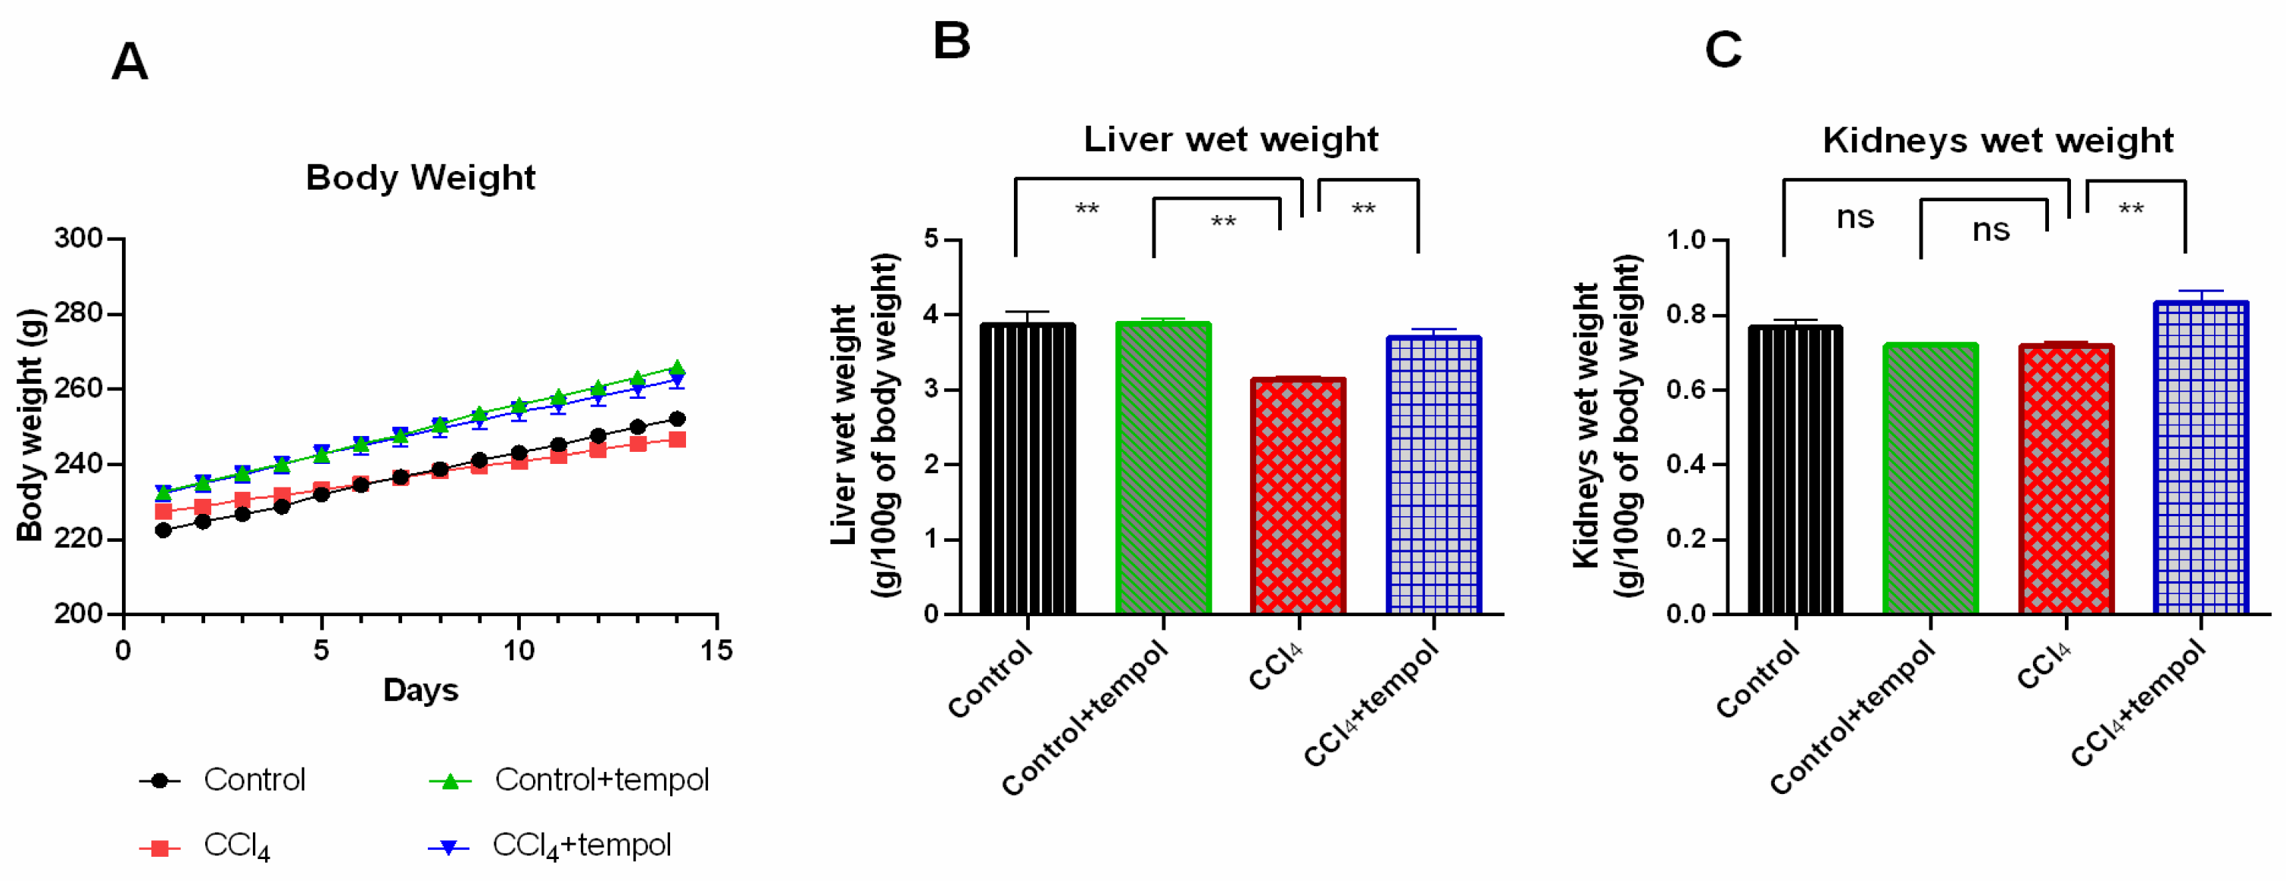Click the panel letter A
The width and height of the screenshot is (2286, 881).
129,62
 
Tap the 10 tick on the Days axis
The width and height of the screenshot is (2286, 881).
519,650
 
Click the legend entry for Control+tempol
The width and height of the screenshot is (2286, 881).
600,780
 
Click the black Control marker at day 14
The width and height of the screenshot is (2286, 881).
677,419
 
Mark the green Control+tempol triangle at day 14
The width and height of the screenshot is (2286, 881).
677,367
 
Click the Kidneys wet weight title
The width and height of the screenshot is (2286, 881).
1998,140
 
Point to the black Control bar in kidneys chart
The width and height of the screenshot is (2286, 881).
1795,469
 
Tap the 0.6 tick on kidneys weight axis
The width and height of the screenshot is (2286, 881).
1686,390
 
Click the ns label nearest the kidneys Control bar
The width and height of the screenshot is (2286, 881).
1854,217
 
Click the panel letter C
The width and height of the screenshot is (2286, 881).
1723,50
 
